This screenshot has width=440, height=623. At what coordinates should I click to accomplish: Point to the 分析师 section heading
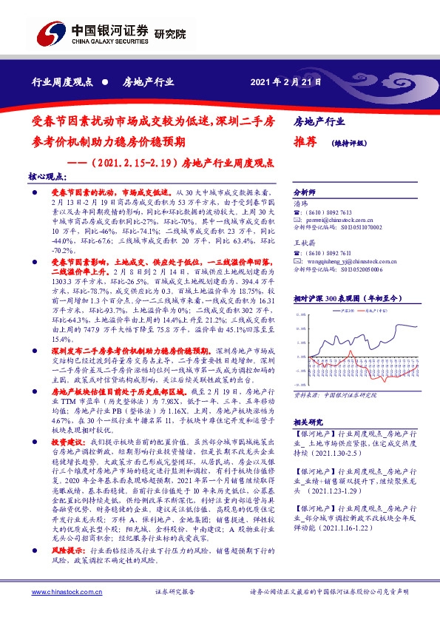305,192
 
